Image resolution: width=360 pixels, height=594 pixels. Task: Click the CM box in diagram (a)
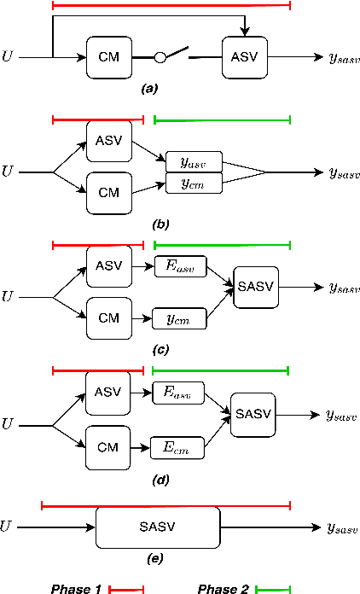[108, 58]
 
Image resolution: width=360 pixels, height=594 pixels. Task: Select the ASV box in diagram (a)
[245, 58]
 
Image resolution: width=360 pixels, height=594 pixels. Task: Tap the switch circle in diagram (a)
[159, 58]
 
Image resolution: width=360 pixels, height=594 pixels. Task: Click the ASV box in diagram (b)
[108, 141]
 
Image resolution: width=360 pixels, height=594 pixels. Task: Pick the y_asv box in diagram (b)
[194, 160]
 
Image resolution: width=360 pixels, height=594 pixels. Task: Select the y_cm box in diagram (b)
[194, 182]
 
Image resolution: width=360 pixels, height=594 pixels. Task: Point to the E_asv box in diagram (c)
[179, 267]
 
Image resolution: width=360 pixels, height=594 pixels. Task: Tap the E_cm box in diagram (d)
[177, 446]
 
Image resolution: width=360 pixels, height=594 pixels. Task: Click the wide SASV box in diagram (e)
[157, 527]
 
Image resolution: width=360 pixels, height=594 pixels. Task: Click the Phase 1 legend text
[76, 589]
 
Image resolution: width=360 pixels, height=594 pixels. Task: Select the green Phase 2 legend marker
[273, 589]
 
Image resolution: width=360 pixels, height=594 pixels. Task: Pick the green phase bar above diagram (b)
[222, 119]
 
